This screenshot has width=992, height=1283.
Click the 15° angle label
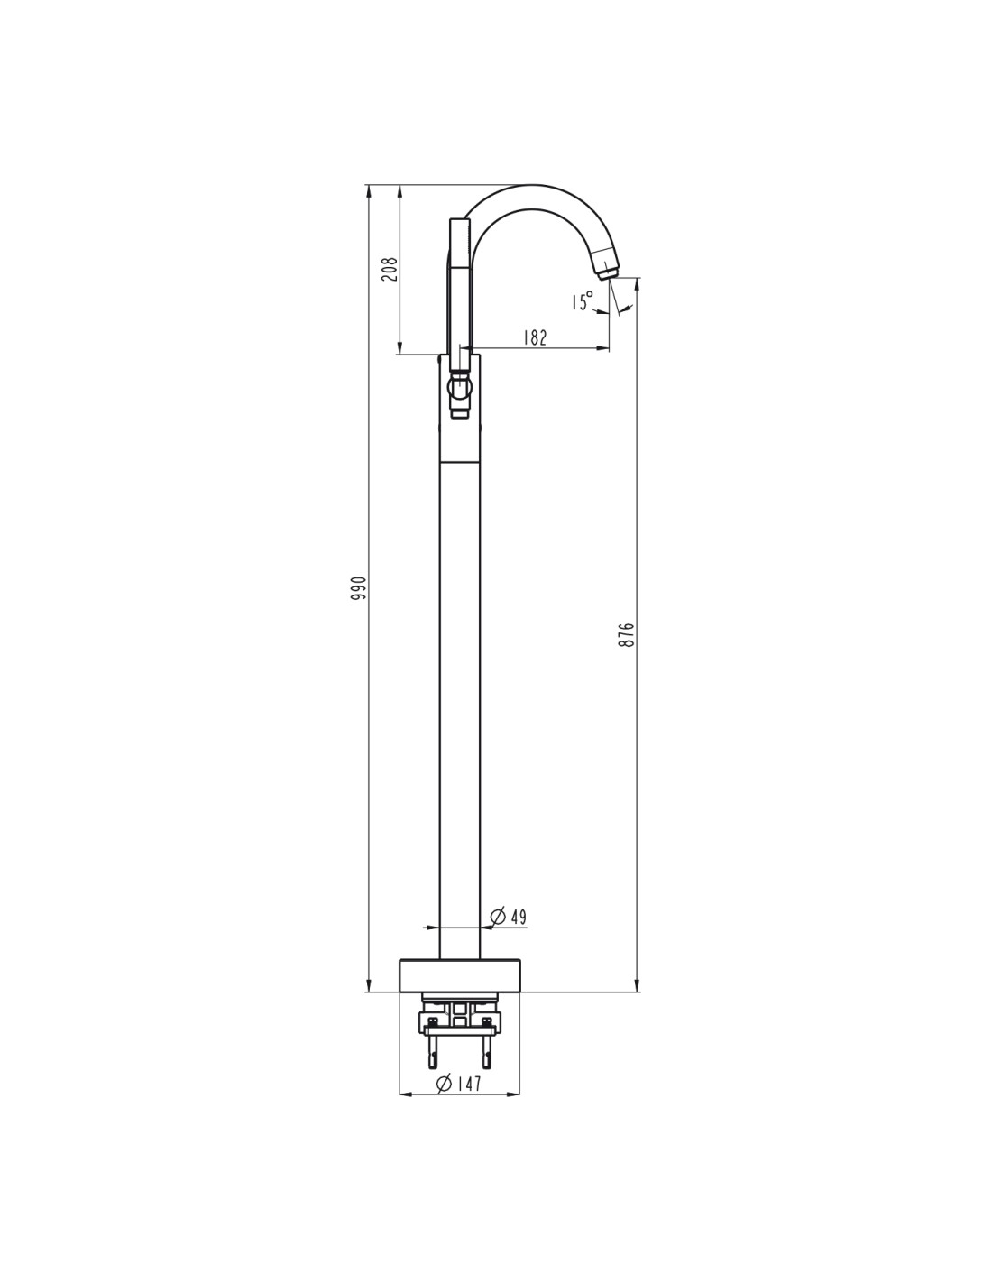pos(582,301)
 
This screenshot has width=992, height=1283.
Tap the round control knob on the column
pos(460,387)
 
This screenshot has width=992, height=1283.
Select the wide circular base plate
pos(460,983)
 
